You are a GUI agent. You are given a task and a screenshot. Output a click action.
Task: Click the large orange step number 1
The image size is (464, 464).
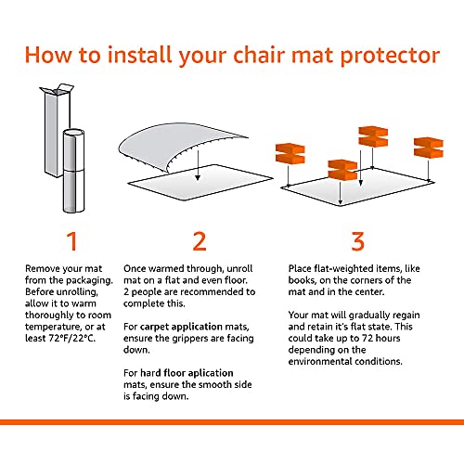coord(70,241)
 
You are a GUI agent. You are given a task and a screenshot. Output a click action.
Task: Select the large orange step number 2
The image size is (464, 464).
coord(199,241)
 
